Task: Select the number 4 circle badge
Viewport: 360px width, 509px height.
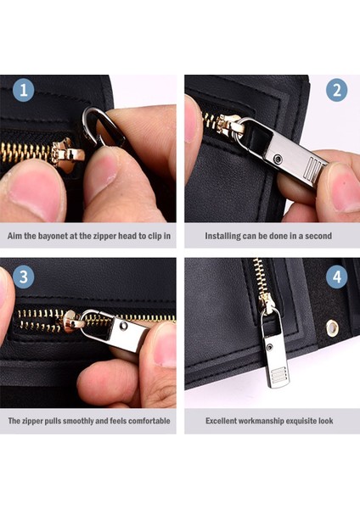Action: click(336, 277)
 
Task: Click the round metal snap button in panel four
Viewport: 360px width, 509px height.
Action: click(332, 328)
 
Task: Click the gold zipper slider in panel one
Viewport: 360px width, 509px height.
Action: click(66, 154)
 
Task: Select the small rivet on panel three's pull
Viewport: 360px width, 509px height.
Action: click(124, 325)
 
